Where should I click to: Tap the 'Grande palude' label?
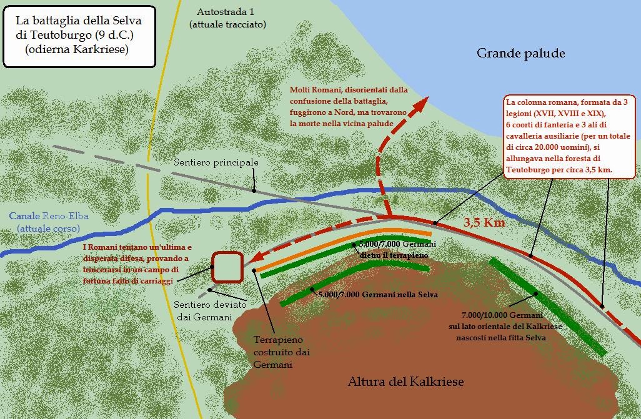point(520,54)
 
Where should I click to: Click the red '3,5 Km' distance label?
point(484,222)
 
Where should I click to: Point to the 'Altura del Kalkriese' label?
point(405,382)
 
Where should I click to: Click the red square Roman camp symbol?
point(227,267)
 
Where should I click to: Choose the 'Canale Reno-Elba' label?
point(49,222)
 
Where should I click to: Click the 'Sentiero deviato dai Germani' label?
point(200,312)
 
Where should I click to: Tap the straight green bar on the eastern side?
point(547,306)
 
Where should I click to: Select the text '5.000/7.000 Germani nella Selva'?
point(378,294)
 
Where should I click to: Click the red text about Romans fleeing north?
point(348,107)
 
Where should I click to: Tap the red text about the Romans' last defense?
point(138,265)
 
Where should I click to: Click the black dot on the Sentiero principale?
point(254,190)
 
